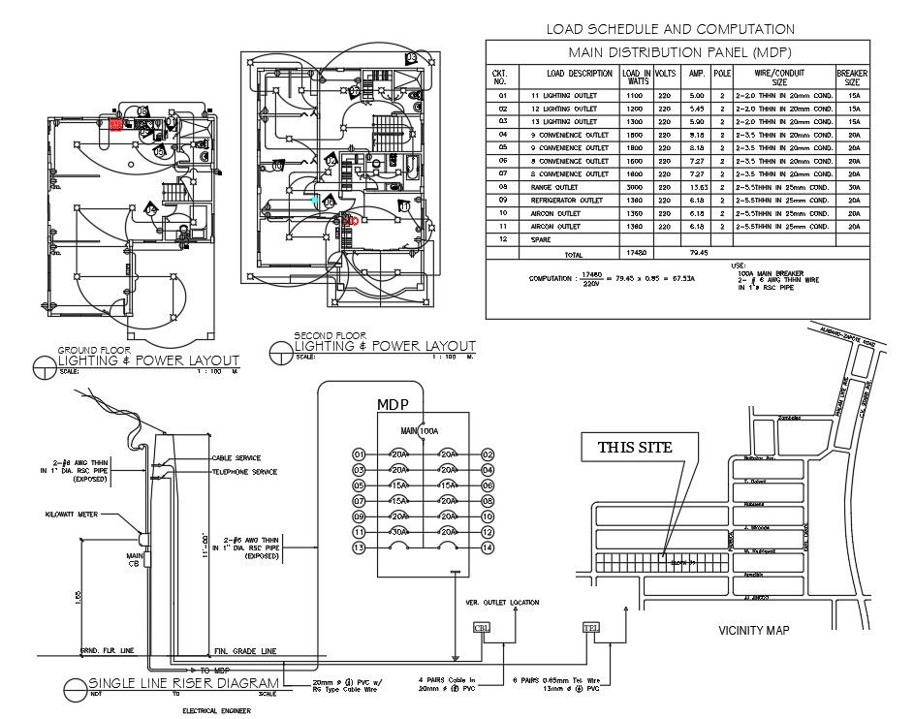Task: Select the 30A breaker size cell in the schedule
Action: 853,187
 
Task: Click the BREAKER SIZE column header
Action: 852,78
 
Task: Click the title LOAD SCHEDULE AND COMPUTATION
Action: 670,30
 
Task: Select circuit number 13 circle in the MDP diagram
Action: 359,548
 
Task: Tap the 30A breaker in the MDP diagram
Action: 397,532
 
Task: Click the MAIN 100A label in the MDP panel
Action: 421,430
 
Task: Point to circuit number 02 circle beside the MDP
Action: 488,454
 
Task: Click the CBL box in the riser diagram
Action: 482,628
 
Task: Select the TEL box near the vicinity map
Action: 591,628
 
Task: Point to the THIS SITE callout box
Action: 640,447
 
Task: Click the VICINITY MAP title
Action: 753,631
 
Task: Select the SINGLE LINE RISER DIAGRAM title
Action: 184,682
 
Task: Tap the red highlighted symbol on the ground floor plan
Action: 116,125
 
